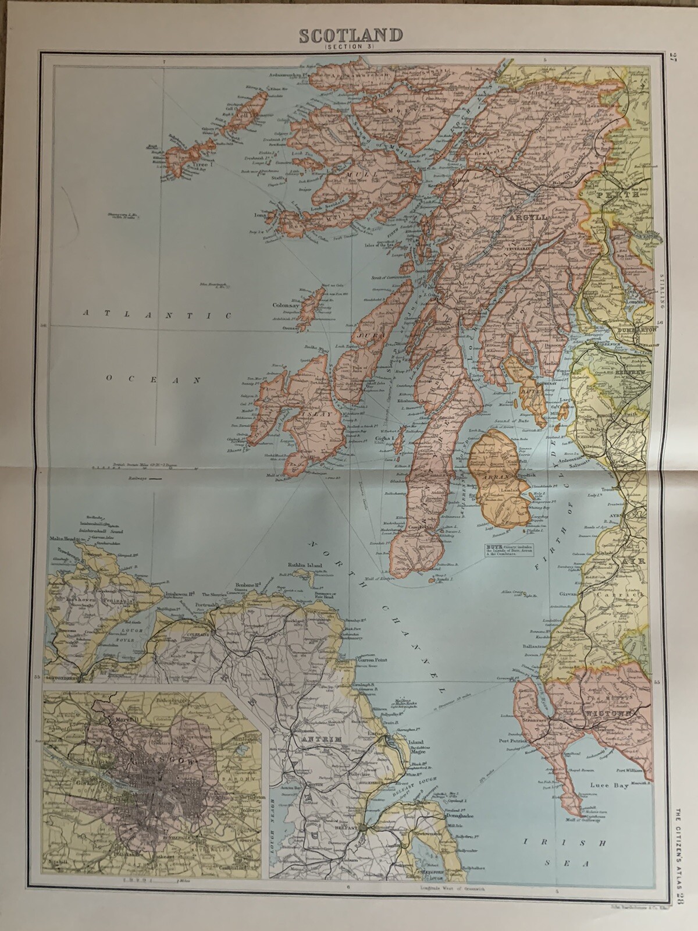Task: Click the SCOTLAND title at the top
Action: [x=350, y=35]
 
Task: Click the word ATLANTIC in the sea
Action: [x=158, y=315]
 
